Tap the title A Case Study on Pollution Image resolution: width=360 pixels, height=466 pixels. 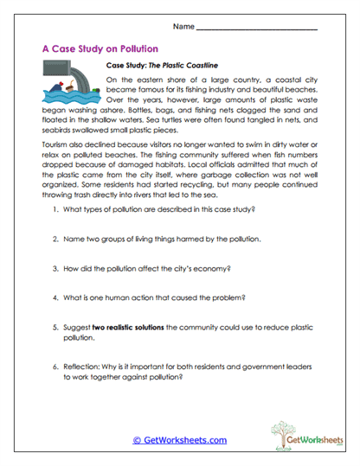[x=100, y=50]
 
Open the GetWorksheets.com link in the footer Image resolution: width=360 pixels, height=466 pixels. [x=179, y=439]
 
